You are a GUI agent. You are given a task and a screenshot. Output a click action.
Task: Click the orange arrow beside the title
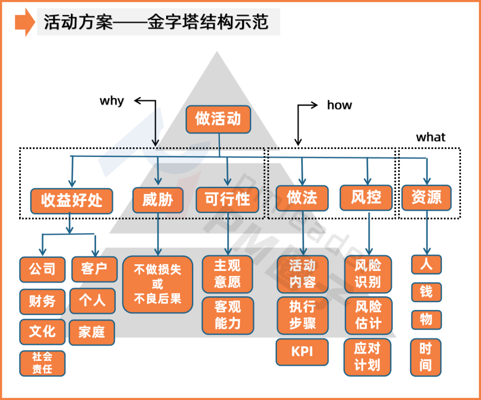[x=24, y=22]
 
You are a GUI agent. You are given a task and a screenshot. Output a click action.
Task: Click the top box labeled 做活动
[x=218, y=119]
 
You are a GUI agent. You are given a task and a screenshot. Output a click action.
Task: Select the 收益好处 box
[x=72, y=201]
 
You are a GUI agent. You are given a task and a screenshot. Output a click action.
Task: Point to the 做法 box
[x=302, y=198]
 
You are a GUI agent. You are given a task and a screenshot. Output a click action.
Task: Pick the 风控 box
[x=366, y=198]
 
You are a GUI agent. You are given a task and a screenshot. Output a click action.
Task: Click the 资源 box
[x=426, y=198]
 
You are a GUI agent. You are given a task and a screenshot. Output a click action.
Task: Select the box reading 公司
[x=42, y=270]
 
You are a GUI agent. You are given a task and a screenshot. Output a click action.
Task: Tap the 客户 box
[x=94, y=269]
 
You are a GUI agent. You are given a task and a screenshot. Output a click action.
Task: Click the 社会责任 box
[x=42, y=363]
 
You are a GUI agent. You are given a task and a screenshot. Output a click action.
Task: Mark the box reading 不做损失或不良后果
[x=158, y=284]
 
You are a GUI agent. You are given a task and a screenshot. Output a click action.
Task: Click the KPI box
[x=302, y=352]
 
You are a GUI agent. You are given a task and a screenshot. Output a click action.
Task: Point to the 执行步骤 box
[x=302, y=315]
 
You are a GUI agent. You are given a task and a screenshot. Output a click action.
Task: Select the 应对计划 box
[x=367, y=357]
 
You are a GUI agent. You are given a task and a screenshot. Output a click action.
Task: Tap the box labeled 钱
[x=426, y=292]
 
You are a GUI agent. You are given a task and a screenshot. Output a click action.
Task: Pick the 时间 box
[x=426, y=357]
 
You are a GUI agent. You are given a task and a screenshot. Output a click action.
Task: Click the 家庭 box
[x=92, y=332]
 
